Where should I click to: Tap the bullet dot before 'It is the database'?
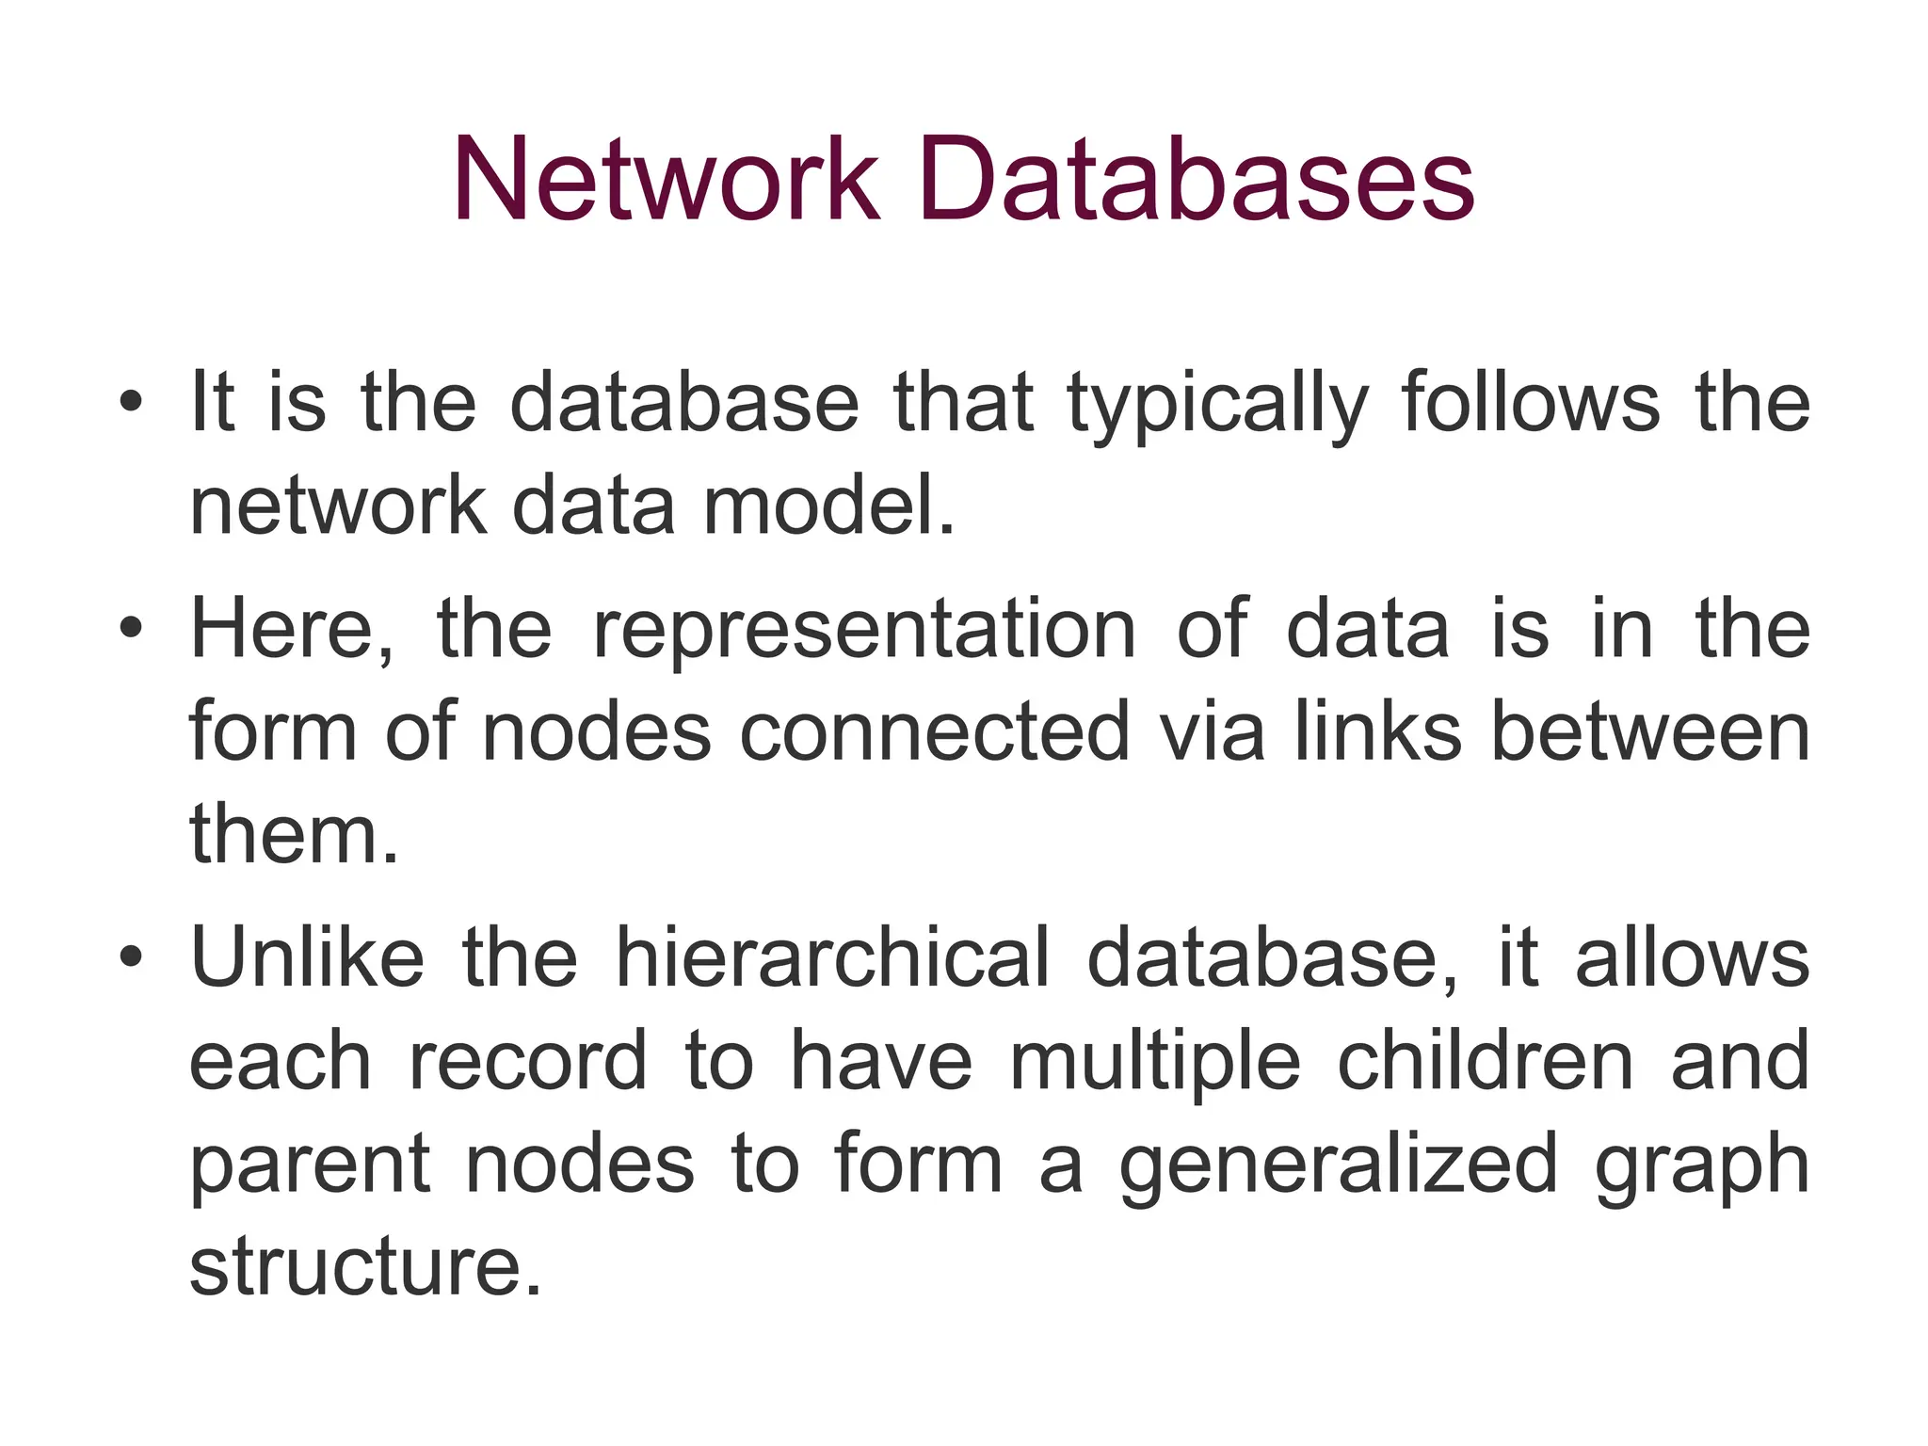point(132,404)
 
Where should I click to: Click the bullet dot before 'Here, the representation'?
point(132,629)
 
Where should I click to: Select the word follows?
point(1531,403)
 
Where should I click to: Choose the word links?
point(1377,731)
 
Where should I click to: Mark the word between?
point(1650,731)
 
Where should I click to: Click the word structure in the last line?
point(365,1267)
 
